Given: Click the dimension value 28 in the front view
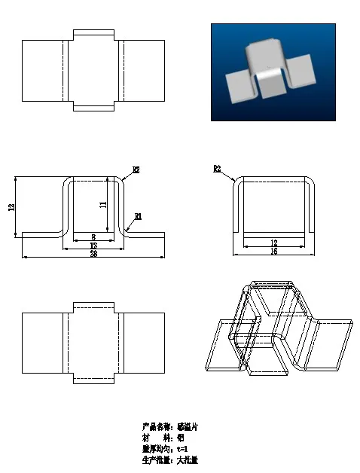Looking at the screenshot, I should coord(93,254).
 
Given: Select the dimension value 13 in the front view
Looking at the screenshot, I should coord(93,246).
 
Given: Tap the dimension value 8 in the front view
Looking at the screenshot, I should coord(93,236).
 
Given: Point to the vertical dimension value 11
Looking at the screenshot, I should coord(103,204).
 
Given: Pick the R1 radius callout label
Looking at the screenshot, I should coord(138,216).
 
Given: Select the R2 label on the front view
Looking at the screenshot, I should coord(136,170).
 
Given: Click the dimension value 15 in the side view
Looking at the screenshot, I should coord(273,251).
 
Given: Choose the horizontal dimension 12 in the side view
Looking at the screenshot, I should coord(273,243).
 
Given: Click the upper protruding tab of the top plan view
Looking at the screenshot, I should coord(93,35).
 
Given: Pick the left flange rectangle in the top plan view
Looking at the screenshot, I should coord(42,70).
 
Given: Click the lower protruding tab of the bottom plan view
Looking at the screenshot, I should coord(93,378).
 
